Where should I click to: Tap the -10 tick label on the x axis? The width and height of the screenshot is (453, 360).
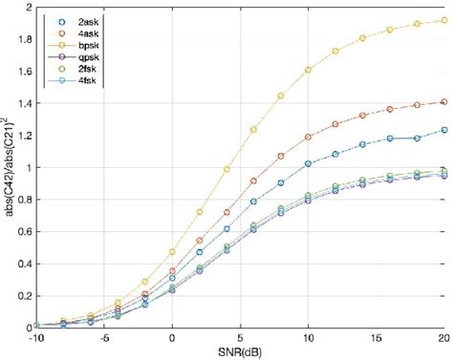[x=36, y=337]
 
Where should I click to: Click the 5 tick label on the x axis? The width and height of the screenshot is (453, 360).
[x=241, y=337]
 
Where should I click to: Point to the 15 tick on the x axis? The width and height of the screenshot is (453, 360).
[x=377, y=337]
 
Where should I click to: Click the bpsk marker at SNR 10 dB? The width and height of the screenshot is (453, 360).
[x=308, y=70]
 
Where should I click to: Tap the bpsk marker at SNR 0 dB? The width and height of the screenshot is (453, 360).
[x=172, y=251]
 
